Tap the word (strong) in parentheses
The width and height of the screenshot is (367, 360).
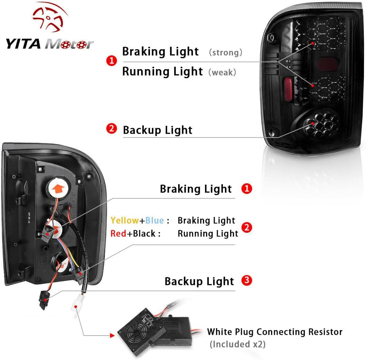[x=226, y=53]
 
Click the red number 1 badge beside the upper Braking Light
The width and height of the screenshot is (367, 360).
[x=111, y=61]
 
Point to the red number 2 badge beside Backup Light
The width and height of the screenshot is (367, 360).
[x=111, y=129]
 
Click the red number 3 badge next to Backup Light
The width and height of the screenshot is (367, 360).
[x=247, y=280]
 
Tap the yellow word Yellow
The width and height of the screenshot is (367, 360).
[x=124, y=220]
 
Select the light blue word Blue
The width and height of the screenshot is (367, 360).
[x=154, y=220]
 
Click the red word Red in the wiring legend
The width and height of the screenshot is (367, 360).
[x=118, y=234]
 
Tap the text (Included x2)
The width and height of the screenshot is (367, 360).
[x=237, y=344]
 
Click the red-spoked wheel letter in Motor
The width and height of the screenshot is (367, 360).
[x=81, y=44]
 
